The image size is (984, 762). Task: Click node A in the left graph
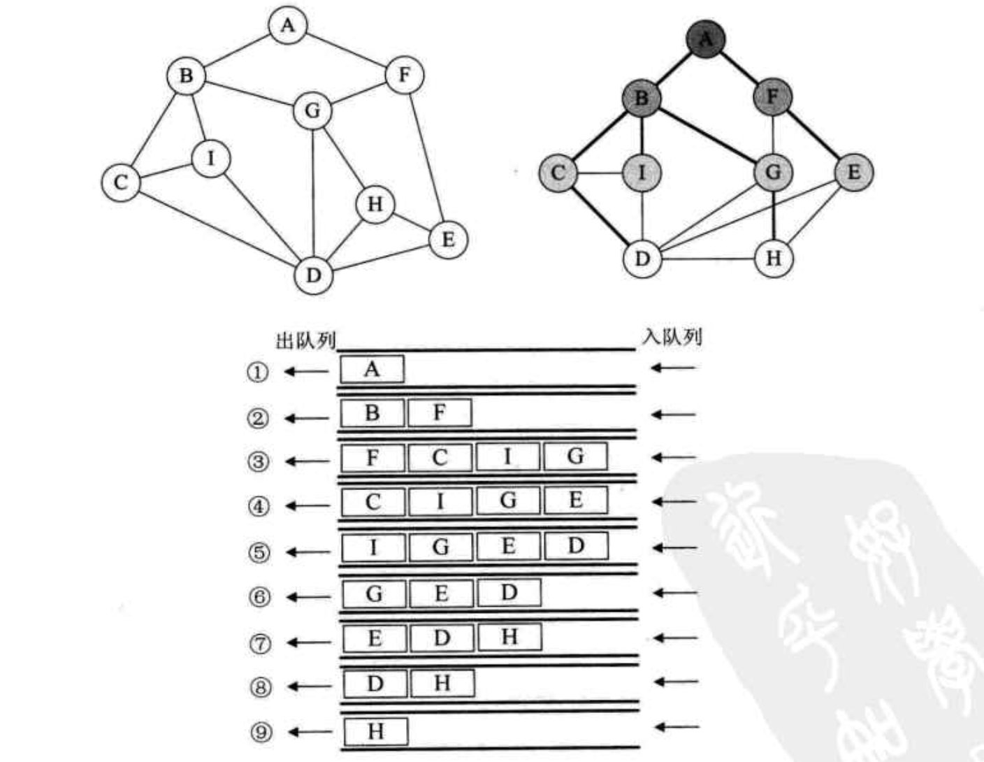[x=288, y=26]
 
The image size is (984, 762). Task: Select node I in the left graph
[x=211, y=159]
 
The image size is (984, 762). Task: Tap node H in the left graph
[x=375, y=204]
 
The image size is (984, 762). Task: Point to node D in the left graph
[x=313, y=275]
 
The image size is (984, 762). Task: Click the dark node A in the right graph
[x=705, y=39]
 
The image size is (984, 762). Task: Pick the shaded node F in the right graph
[x=772, y=96]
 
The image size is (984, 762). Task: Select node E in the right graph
[x=854, y=172]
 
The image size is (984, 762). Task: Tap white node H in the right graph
[x=774, y=259]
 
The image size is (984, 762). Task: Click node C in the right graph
[x=558, y=172]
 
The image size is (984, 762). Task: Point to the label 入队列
[x=672, y=338]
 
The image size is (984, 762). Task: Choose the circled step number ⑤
[x=259, y=552]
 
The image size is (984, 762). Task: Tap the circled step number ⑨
[x=260, y=732]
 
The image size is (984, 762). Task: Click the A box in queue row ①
[x=372, y=369]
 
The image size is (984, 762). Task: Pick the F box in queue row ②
[x=439, y=413]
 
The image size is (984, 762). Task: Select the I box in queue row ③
[x=508, y=457]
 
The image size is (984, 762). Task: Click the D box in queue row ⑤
[x=576, y=546]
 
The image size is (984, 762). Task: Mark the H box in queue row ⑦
[x=509, y=637]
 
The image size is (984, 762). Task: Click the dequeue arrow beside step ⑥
[x=309, y=597]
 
